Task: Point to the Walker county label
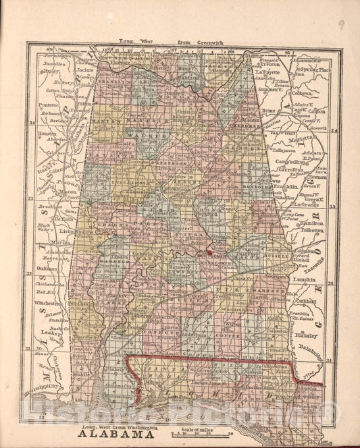pyautogui.click(x=153, y=136)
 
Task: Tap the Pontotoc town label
pyautogui.click(x=49, y=105)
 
